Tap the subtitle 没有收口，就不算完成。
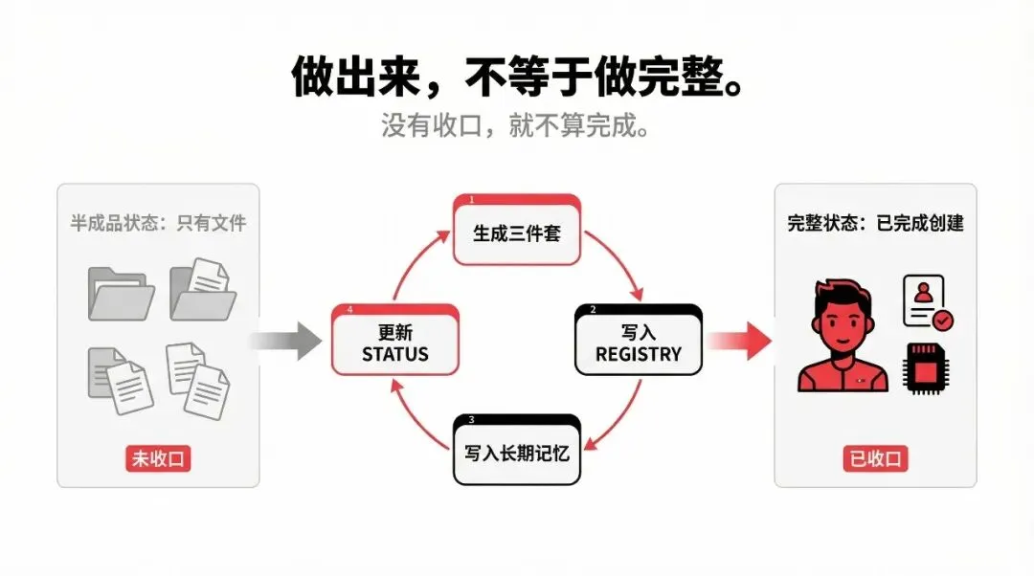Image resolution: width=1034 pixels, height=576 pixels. coord(517,126)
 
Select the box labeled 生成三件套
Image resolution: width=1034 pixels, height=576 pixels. coord(516,232)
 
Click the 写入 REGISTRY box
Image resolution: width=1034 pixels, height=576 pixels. coord(639,342)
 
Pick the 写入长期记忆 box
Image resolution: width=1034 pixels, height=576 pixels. coord(516,450)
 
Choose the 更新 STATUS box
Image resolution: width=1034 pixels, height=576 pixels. coord(395,342)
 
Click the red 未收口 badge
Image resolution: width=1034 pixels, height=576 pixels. coord(159,458)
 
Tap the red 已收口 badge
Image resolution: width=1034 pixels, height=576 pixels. coord(875,458)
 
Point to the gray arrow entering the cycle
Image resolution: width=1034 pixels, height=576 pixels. coord(287,341)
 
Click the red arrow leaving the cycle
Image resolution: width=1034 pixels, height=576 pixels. coord(742,341)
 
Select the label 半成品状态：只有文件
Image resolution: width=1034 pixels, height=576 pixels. coord(159,223)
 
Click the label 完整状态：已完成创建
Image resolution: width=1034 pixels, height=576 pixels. coord(875,223)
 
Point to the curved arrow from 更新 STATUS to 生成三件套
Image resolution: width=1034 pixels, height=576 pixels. coord(414,263)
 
